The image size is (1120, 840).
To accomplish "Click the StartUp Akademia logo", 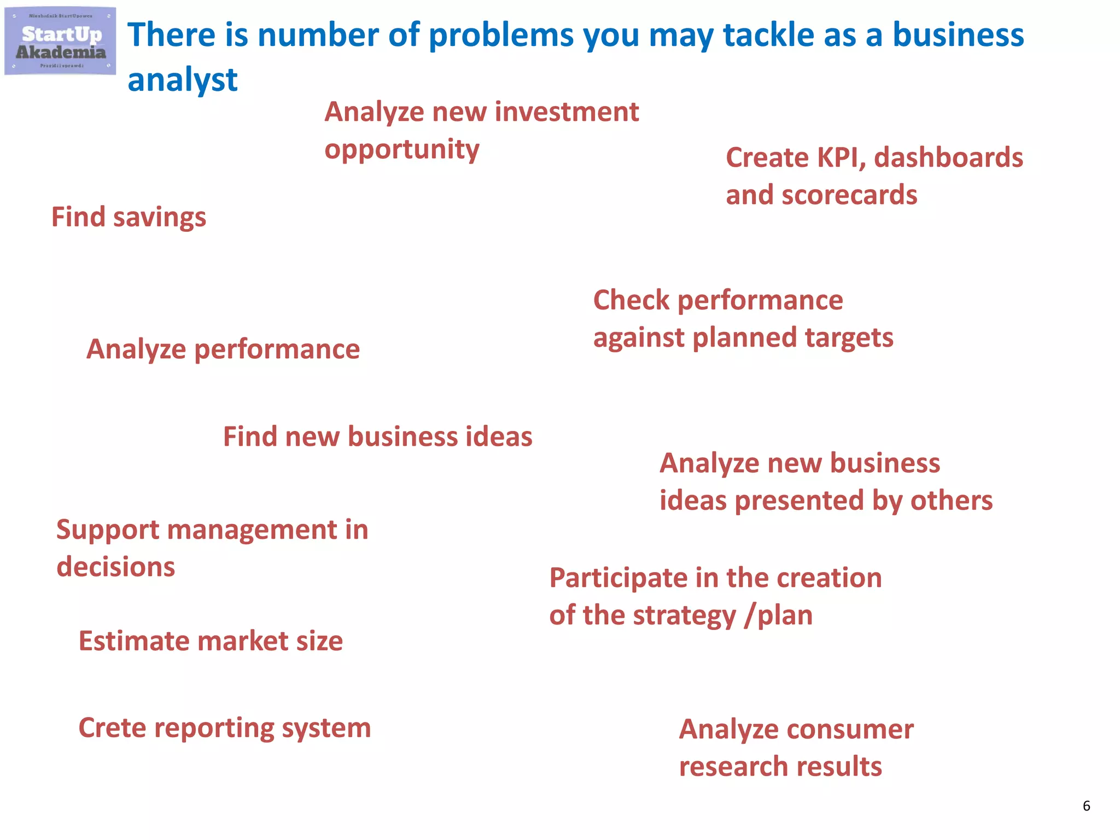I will tap(60, 42).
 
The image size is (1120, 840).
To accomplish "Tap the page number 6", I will tap(1086, 806).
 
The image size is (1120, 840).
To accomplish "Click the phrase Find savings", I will tap(129, 217).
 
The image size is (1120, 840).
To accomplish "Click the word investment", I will tap(567, 112).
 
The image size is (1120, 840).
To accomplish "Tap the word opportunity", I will tap(401, 150).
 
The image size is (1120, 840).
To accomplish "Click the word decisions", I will tap(116, 567).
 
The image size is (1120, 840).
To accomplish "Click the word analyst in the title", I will tap(182, 80).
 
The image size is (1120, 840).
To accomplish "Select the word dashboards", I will tap(948, 158).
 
